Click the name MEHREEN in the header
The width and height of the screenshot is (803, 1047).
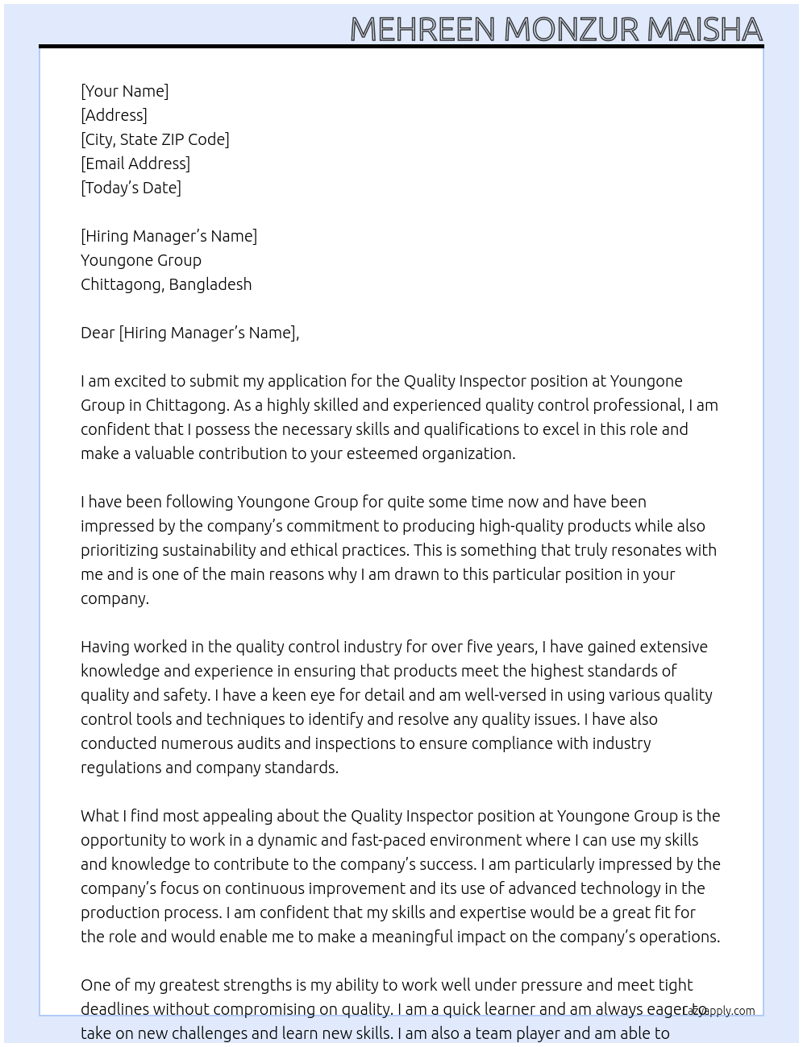pyautogui.click(x=422, y=30)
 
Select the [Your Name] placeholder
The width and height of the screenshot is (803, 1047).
pyautogui.click(x=124, y=91)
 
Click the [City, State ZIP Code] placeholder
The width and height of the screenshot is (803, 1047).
pyautogui.click(x=155, y=139)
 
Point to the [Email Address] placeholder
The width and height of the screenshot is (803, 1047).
pyautogui.click(x=135, y=163)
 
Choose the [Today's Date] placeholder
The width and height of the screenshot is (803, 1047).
pyautogui.click(x=131, y=188)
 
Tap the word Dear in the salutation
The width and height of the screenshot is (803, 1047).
pyautogui.click(x=98, y=333)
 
